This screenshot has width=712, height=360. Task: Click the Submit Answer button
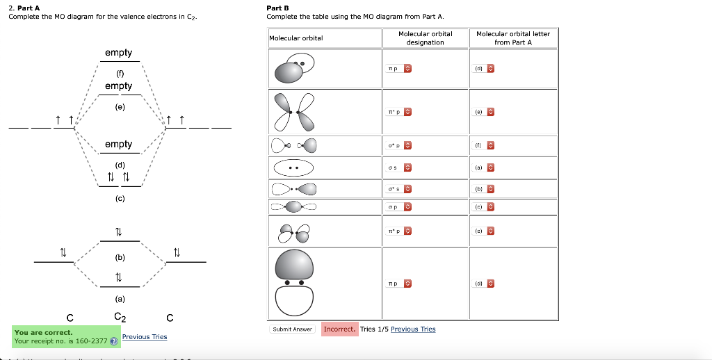(x=292, y=329)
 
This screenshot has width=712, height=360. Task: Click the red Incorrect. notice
(x=340, y=329)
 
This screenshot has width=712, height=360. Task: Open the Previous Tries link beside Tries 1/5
(x=413, y=329)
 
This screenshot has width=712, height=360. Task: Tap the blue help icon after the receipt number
(x=113, y=341)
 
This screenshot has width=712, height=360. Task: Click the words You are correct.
(x=43, y=332)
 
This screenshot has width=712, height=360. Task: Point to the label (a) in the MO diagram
(x=120, y=299)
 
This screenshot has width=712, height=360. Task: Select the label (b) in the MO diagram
(x=120, y=257)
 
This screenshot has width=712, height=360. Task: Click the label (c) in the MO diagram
(x=120, y=198)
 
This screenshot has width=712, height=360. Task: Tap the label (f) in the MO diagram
(x=120, y=72)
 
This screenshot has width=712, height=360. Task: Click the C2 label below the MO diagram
(x=120, y=318)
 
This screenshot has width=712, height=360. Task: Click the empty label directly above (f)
(x=119, y=53)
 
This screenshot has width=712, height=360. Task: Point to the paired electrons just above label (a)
(x=119, y=278)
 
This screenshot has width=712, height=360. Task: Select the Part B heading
(x=278, y=8)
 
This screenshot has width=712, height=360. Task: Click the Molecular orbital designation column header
(x=425, y=38)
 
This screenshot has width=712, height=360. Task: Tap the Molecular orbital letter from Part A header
(x=512, y=38)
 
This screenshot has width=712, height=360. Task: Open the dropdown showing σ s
(x=399, y=167)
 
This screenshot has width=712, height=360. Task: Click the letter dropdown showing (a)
(x=484, y=167)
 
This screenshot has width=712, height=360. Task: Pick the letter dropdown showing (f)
(x=484, y=146)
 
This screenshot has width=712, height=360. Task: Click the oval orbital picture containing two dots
(x=293, y=168)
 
